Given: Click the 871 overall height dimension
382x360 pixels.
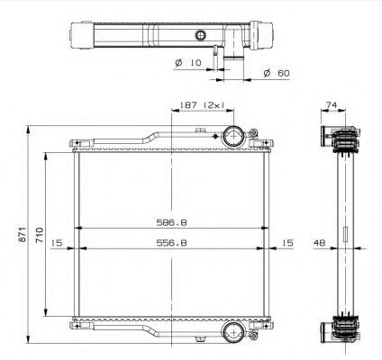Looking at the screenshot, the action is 22,234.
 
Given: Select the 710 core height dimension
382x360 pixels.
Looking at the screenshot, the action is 40,235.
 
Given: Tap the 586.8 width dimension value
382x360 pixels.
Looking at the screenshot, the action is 171,222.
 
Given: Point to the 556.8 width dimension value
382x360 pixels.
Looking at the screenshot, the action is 171,242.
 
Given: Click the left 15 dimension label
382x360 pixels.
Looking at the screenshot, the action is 57,242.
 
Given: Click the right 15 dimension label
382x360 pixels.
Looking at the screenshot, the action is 287,242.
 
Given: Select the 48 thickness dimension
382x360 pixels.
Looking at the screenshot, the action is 319,242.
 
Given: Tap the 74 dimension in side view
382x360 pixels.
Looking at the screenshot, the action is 332,105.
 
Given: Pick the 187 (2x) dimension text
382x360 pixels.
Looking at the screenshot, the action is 202,105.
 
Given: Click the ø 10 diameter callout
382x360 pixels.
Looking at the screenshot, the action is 187,63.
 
